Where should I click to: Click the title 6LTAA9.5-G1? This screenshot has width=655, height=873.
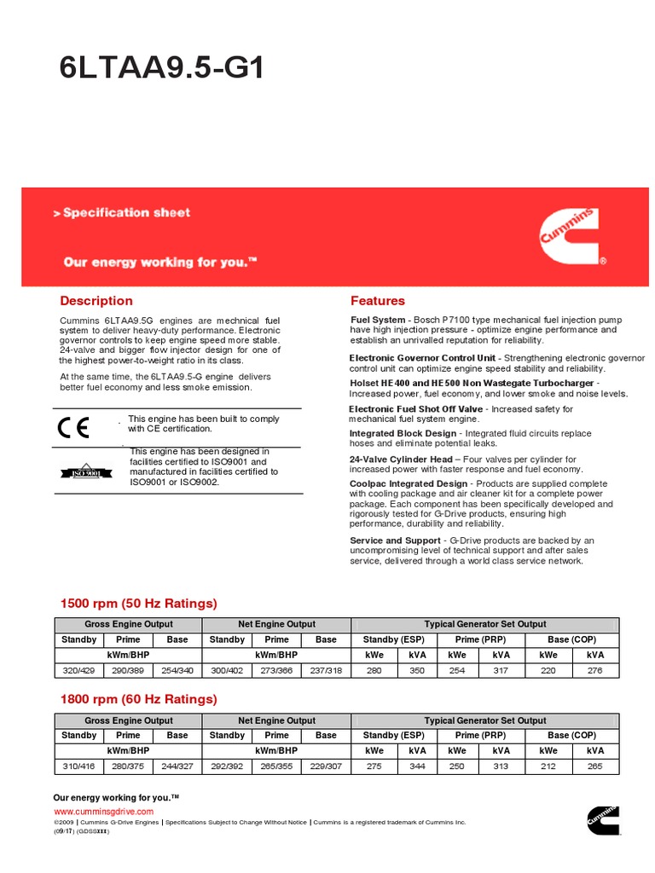point(161,68)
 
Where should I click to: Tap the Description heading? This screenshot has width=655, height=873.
point(96,301)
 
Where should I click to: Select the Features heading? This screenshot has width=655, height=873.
point(378,301)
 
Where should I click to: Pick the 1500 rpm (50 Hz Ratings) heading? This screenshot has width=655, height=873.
point(138,604)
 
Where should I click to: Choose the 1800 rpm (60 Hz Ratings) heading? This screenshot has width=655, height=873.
point(138,699)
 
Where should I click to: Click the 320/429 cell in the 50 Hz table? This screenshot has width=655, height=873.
point(79,671)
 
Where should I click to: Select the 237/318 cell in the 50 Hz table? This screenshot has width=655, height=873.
point(326,671)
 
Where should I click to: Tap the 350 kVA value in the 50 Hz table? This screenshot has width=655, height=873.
point(417,671)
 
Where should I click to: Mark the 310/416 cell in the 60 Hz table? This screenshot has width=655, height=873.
point(79,766)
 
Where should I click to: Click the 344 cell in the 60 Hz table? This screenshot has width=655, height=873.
point(417,766)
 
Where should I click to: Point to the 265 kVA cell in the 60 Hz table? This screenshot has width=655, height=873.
point(594,766)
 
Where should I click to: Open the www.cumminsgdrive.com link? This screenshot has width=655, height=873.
point(103,812)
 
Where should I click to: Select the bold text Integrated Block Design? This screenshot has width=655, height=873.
point(403,434)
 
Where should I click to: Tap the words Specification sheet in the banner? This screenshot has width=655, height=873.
point(126,212)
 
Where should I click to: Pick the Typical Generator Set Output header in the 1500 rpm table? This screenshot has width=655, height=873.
point(485,624)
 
